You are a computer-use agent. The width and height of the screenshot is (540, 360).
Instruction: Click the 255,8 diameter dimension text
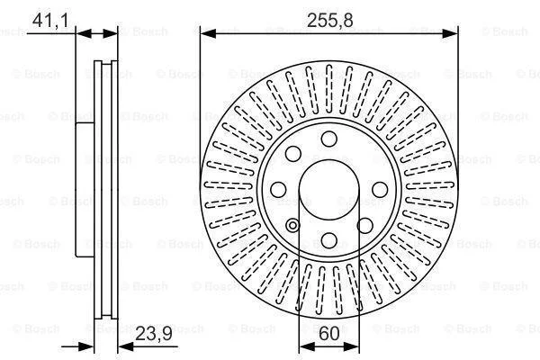pyautogui.click(x=329, y=21)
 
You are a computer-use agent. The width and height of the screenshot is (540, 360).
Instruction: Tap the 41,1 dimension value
pyautogui.click(x=50, y=21)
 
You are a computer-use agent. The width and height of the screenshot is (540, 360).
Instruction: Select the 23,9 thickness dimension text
pyautogui.click(x=154, y=334)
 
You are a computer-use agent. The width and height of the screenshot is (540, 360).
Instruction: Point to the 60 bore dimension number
pyautogui.click(x=328, y=334)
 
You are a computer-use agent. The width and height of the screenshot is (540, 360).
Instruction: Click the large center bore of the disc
pyautogui.click(x=328, y=190)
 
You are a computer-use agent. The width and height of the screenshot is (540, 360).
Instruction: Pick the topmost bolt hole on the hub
pyautogui.click(x=328, y=139)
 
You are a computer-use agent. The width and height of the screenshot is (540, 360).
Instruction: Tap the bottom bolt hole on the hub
pyautogui.click(x=328, y=240)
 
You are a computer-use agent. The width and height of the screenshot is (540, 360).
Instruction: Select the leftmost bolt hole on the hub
pyautogui.click(x=278, y=190)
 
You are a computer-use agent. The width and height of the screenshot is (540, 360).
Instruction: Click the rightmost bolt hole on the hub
pyautogui.click(x=380, y=190)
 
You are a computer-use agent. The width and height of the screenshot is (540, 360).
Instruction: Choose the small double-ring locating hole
pyautogui.click(x=292, y=226)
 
